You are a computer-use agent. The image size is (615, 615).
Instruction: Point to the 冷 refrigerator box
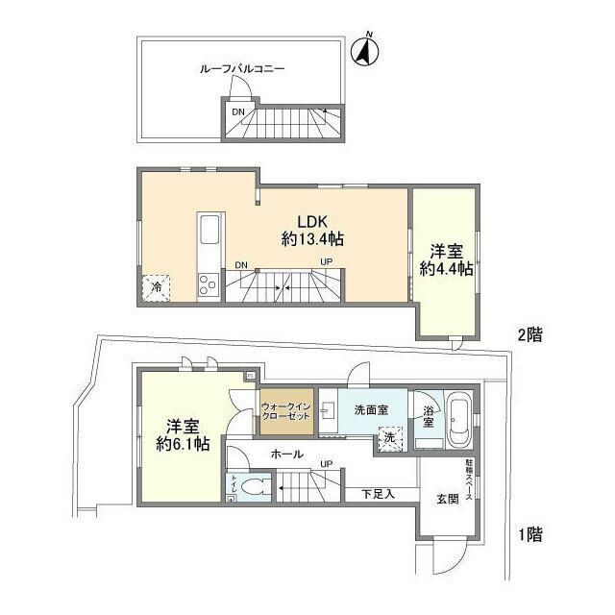point(156,285)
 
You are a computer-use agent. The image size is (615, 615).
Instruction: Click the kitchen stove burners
point(208,283)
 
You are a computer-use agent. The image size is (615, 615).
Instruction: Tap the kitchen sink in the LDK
point(210,232)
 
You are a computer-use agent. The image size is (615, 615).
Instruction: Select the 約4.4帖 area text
point(446,270)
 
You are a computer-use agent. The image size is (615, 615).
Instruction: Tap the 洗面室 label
point(370,410)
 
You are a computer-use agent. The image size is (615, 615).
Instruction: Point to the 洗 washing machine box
point(389,438)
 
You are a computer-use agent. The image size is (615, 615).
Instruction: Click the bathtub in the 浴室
point(458,421)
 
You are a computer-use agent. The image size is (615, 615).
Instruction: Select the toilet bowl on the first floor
point(254,487)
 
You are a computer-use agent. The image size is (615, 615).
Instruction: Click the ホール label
point(287,455)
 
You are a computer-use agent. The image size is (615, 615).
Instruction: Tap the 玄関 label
point(448,500)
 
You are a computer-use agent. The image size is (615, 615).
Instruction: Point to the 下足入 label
point(377,495)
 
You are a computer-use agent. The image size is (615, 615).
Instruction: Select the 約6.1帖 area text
point(183,445)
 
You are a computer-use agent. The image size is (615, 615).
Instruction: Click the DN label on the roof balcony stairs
point(238,112)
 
